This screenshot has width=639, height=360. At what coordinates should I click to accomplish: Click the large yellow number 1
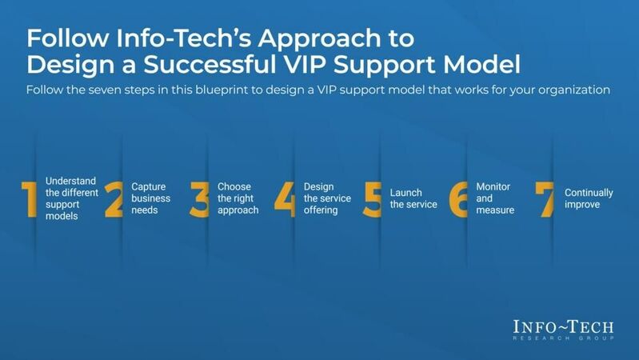[x=28, y=199]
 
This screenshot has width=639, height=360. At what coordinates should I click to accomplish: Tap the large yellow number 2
[x=114, y=199]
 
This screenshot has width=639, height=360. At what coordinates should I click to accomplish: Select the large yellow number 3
[x=199, y=199]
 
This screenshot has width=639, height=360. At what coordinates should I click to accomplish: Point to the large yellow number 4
[x=285, y=199]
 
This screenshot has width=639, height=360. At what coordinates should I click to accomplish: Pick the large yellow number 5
[x=372, y=199]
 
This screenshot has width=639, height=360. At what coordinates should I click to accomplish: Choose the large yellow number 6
[x=458, y=199]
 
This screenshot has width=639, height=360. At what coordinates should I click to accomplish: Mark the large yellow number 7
[x=545, y=199]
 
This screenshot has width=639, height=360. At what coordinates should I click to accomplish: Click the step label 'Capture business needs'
[x=150, y=198]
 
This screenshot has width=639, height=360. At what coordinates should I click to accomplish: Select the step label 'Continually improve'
[x=589, y=198]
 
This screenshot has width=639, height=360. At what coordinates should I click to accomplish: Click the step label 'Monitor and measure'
[x=494, y=198]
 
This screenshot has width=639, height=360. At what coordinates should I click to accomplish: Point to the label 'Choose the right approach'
[x=238, y=198]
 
